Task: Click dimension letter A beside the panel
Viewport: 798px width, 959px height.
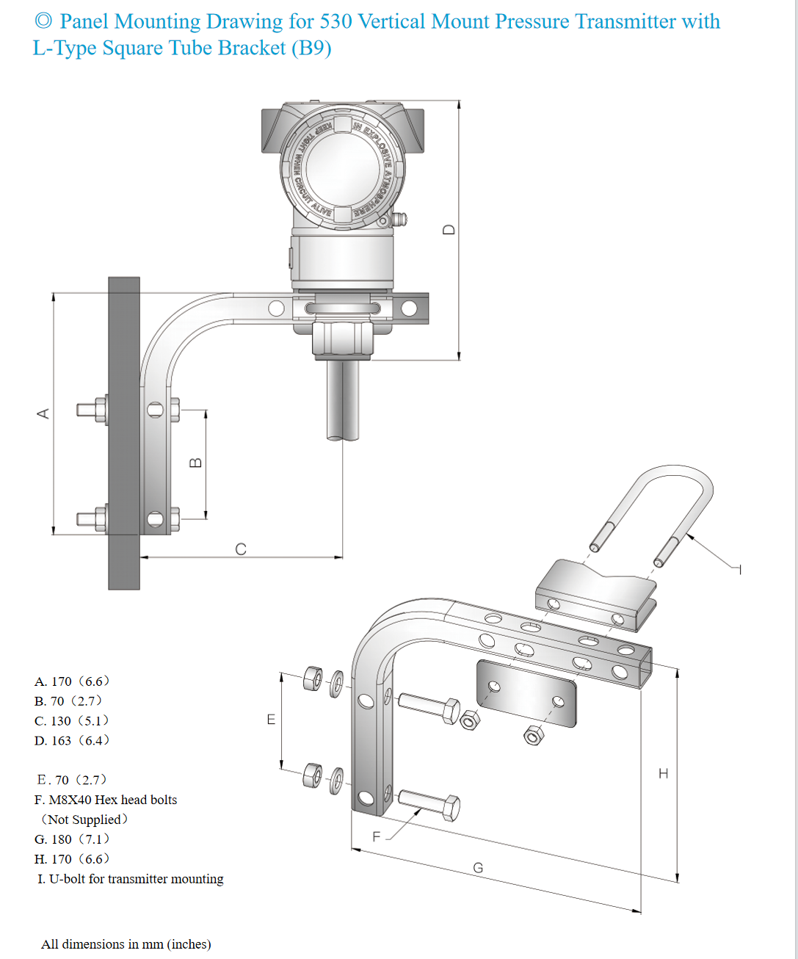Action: click(x=43, y=413)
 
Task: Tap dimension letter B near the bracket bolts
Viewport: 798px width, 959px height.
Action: click(x=195, y=463)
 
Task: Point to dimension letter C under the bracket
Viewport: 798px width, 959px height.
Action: click(x=241, y=549)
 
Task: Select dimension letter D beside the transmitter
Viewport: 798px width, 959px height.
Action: click(x=449, y=229)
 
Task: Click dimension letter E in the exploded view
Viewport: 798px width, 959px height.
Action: click(x=271, y=720)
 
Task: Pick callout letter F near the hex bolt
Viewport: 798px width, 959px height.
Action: click(x=377, y=836)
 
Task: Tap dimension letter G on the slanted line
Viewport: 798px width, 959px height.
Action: click(x=478, y=868)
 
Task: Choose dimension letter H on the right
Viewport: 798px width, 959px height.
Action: click(x=664, y=773)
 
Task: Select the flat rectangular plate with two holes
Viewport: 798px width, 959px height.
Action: click(x=526, y=693)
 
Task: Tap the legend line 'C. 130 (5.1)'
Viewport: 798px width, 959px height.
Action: click(x=72, y=721)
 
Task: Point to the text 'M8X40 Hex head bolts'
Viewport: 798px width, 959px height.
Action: click(x=113, y=800)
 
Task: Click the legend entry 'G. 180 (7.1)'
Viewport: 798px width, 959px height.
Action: click(x=72, y=839)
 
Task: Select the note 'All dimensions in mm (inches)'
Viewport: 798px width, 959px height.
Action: click(x=126, y=944)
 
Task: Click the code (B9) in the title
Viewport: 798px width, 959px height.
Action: click(x=311, y=48)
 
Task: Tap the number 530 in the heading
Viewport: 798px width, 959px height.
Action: click(x=335, y=21)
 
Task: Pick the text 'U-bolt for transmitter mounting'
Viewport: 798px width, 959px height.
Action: click(x=136, y=879)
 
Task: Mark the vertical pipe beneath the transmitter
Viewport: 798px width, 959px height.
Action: click(x=343, y=400)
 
